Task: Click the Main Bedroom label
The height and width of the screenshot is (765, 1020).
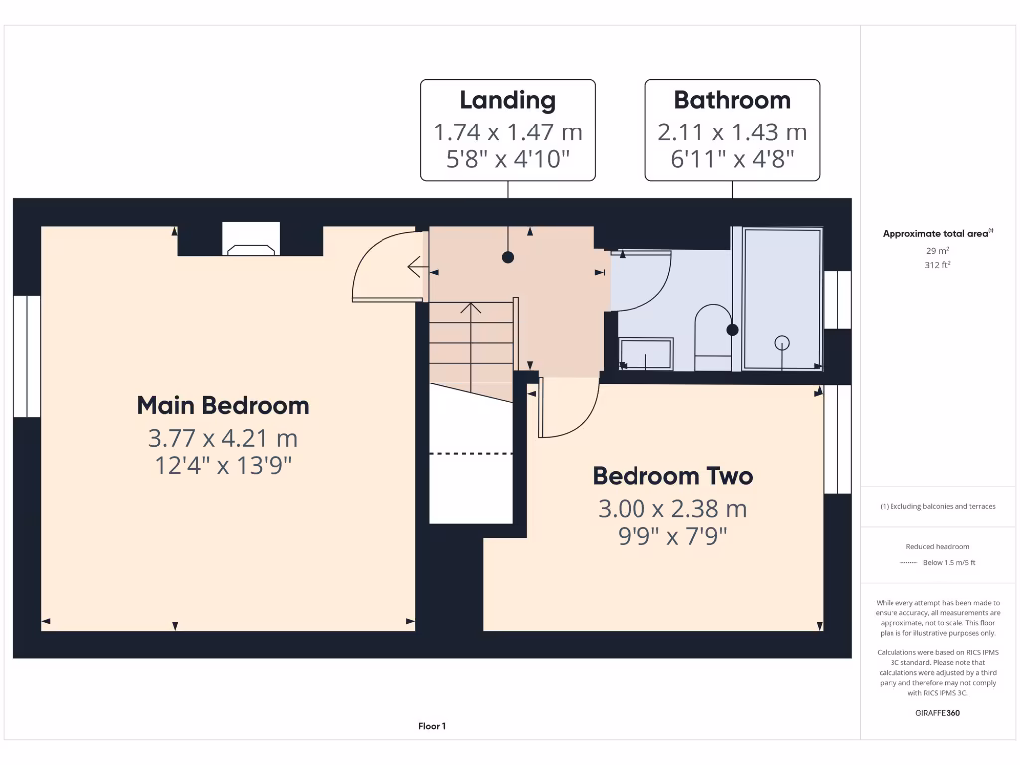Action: (223, 406)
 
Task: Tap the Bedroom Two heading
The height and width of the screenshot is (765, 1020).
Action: (672, 476)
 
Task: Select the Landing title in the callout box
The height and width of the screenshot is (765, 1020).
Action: (507, 100)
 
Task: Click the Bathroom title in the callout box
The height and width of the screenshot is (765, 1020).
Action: (732, 100)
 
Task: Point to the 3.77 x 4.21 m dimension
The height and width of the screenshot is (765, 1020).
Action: (223, 438)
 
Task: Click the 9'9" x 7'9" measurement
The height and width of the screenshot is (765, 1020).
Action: (672, 537)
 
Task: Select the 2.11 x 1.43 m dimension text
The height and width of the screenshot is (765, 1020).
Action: (732, 131)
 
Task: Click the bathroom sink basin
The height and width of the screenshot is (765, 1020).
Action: (645, 353)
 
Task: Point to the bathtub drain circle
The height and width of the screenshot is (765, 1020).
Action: (782, 342)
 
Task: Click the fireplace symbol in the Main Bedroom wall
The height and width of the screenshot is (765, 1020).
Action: (250, 246)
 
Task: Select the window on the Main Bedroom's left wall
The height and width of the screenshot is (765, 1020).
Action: (27, 355)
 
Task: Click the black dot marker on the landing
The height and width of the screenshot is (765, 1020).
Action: (508, 257)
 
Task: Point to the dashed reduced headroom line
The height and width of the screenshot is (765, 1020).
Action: (471, 453)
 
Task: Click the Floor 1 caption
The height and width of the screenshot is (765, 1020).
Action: (432, 726)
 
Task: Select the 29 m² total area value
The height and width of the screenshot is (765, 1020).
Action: (936, 251)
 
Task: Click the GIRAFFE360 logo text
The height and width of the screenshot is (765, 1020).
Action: (936, 713)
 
